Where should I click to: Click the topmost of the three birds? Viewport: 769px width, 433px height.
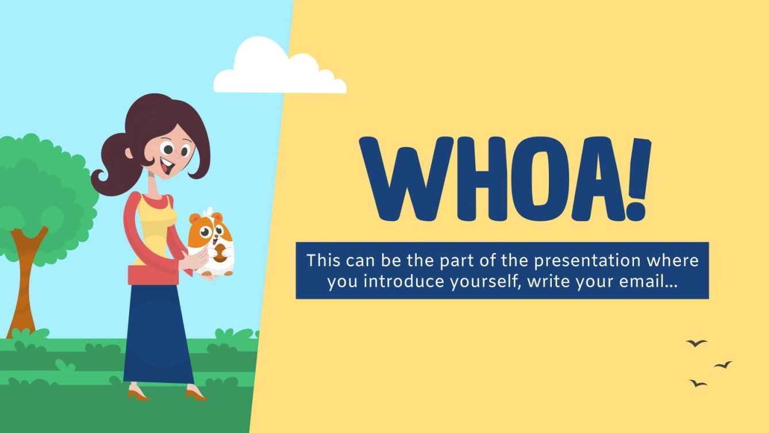tap(697, 343)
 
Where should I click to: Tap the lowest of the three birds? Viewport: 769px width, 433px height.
tap(698, 383)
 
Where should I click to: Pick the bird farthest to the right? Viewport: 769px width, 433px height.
tap(723, 365)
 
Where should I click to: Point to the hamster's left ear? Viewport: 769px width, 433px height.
tap(195, 219)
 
